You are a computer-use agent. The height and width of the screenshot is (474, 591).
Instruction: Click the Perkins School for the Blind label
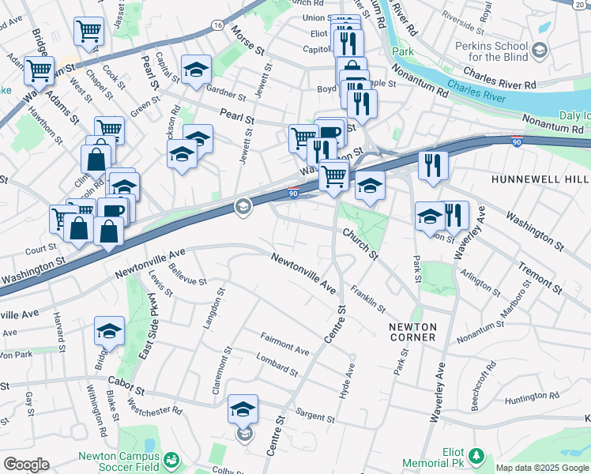tap(494, 51)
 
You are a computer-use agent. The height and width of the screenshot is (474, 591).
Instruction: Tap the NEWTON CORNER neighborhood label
tap(412, 332)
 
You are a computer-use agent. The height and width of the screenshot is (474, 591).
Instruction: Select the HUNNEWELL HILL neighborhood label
tap(540, 179)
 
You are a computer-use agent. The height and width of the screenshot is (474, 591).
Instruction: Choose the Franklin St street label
tap(368, 298)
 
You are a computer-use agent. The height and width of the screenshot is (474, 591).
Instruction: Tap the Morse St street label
tap(247, 40)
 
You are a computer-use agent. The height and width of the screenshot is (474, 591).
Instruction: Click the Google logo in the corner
tap(27, 465)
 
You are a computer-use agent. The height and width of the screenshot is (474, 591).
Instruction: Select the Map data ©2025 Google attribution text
tap(542, 468)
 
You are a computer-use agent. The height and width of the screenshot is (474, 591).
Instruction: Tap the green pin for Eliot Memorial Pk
tap(476, 455)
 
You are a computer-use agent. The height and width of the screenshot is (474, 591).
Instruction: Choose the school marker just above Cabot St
tap(109, 332)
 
